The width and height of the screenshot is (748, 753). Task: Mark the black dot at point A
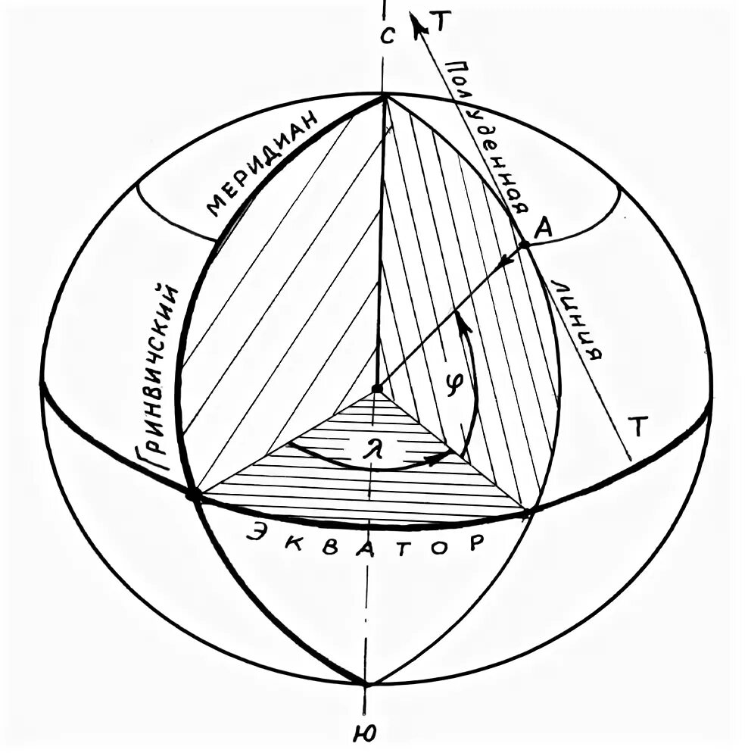click(x=524, y=245)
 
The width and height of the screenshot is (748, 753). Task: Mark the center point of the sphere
click(x=376, y=389)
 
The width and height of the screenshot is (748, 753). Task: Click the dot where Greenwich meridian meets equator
click(x=192, y=494)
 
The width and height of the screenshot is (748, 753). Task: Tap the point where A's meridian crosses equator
click(x=528, y=513)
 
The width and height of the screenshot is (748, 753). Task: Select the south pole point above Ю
click(x=366, y=684)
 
